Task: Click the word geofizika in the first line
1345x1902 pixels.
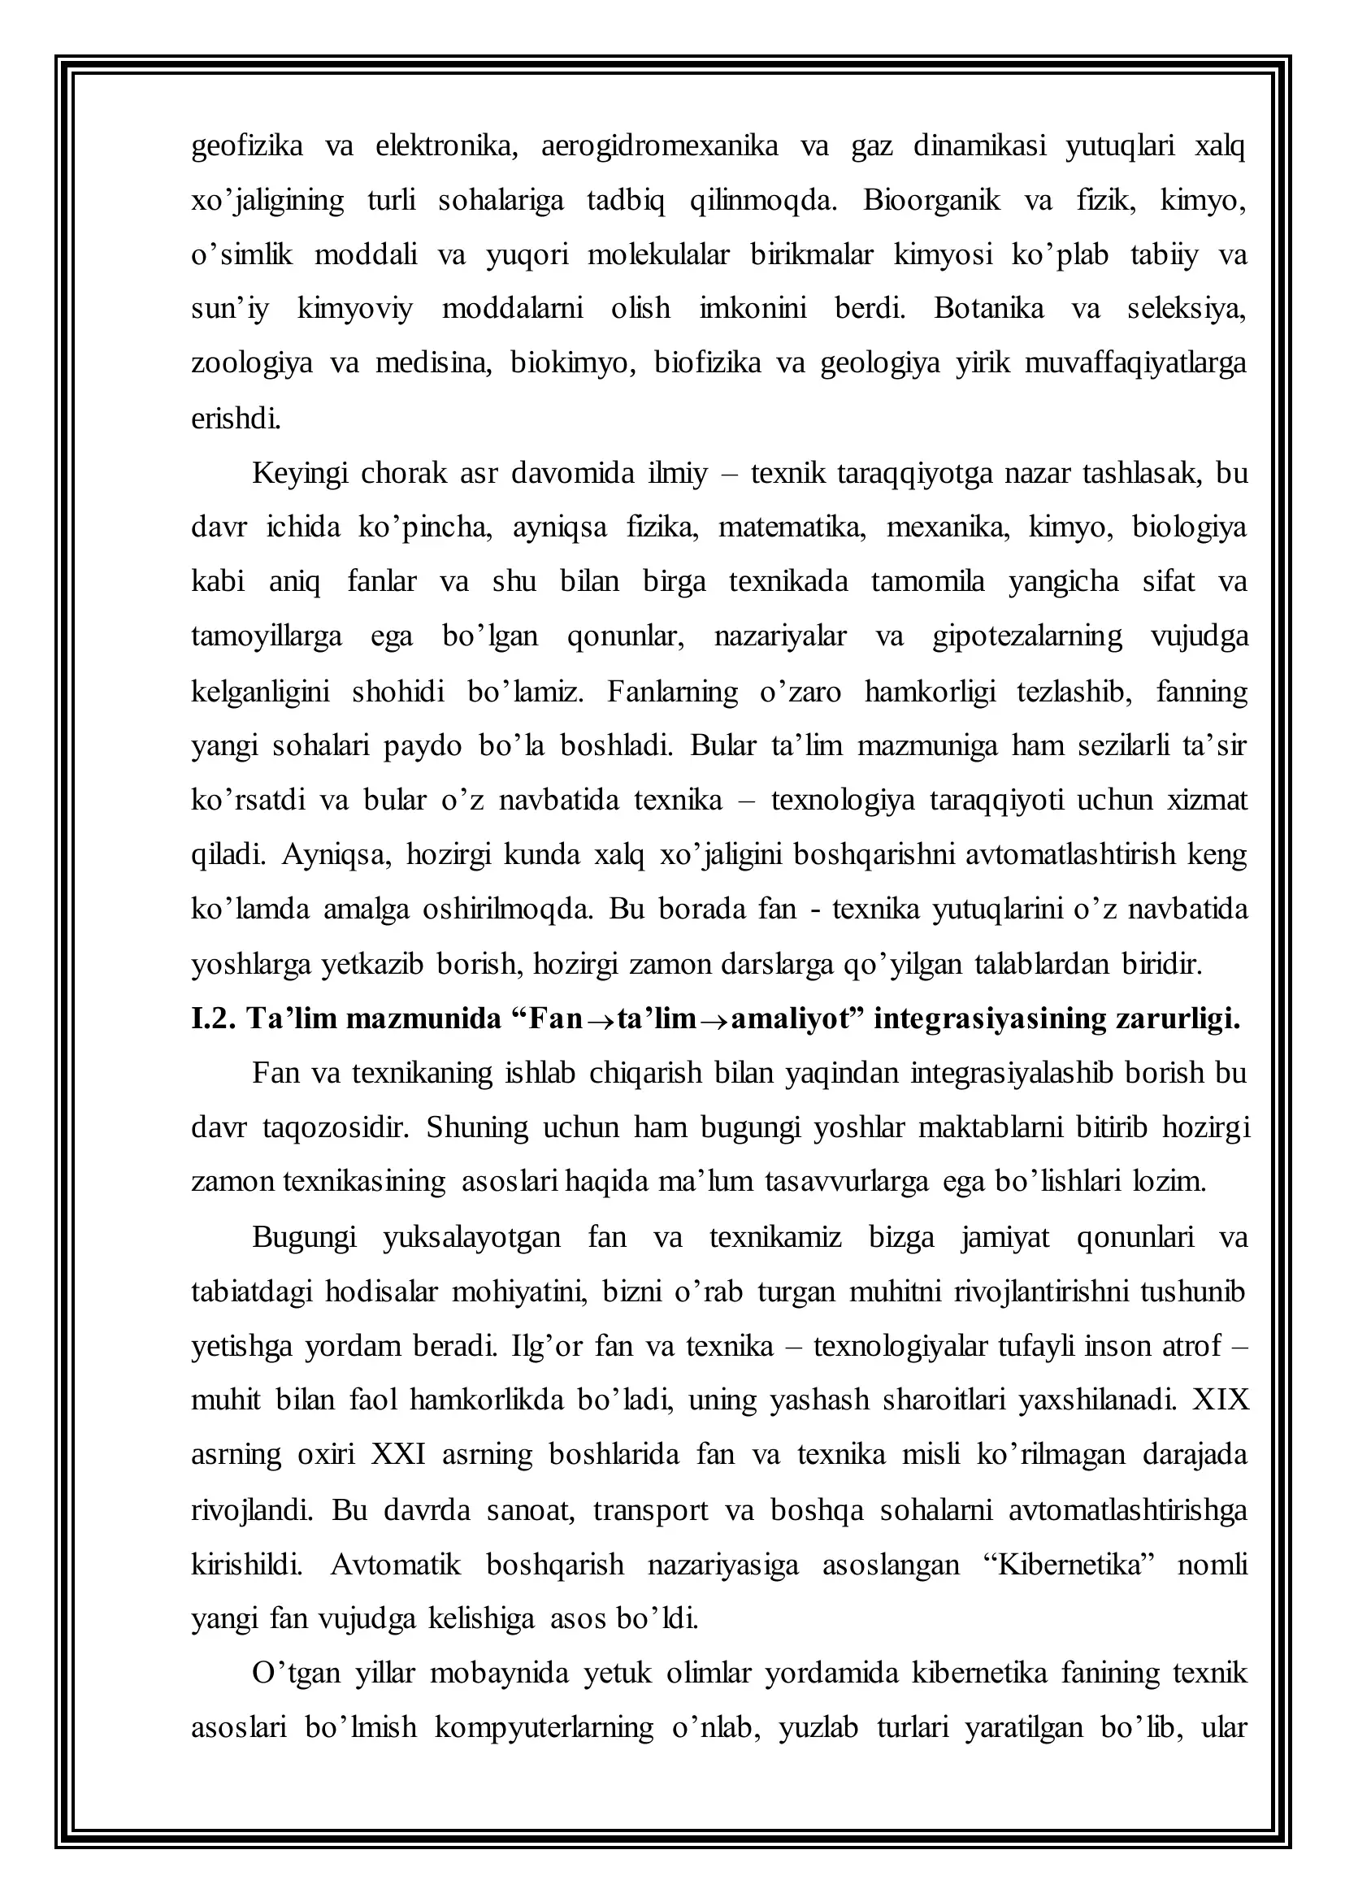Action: tap(247, 146)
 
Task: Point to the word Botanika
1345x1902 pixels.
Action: tap(991, 309)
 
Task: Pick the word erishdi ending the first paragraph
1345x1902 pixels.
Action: tap(236, 419)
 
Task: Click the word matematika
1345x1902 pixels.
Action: tap(792, 528)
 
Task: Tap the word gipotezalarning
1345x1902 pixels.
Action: tap(1027, 636)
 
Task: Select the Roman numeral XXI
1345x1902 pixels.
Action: tap(398, 1454)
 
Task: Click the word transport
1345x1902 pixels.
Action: tap(650, 1509)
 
